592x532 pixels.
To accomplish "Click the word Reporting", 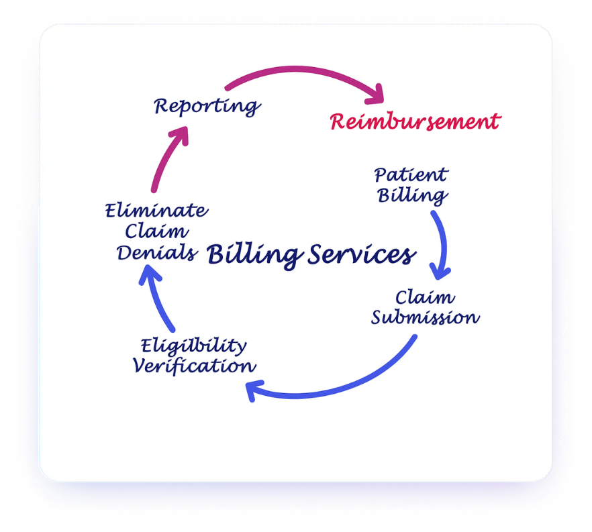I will (x=207, y=106).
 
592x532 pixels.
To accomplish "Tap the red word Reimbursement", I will (x=415, y=122).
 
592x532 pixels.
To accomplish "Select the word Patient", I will (x=411, y=176).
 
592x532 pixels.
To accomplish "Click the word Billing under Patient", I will (x=412, y=196).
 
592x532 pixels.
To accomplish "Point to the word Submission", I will (x=426, y=317).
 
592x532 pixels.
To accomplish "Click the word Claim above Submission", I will (x=425, y=297).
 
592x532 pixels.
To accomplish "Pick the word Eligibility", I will (x=193, y=346).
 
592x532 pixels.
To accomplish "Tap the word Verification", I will (x=193, y=366).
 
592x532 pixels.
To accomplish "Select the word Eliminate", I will (x=156, y=211).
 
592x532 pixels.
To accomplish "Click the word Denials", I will (x=157, y=253).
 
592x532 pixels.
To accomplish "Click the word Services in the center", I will (x=362, y=255).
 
